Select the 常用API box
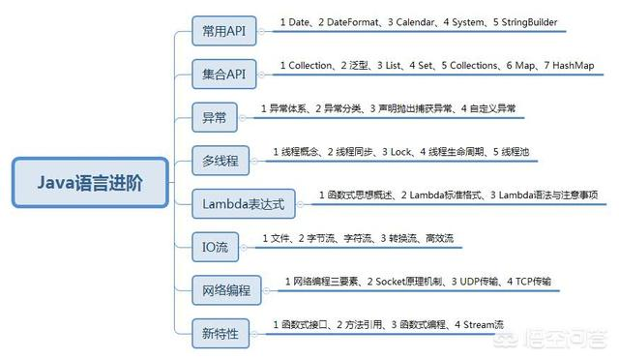coord(222,31)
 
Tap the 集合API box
coord(222,74)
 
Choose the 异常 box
coord(214,116)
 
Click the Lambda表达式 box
coord(242,202)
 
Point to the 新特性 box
coord(220,332)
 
